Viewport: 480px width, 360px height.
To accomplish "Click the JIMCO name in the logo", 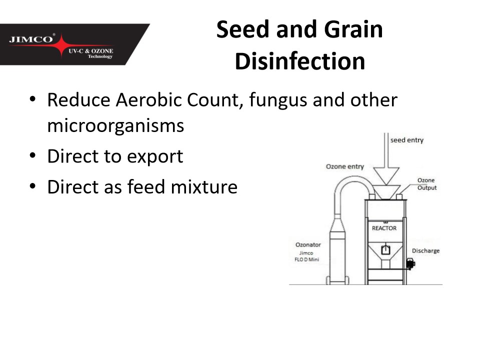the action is [31, 39].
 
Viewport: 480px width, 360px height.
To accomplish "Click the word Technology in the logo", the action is [100, 56].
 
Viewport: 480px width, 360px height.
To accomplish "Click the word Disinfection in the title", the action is [300, 61].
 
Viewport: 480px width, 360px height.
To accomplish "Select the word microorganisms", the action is [115, 125].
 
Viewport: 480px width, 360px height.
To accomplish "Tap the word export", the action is [155, 156].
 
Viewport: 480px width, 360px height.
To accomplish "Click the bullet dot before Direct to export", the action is [33, 155].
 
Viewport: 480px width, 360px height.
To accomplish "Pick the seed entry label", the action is [407, 140].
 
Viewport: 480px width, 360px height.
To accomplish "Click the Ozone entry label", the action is [344, 166].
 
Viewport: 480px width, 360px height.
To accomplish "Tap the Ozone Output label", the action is [426, 184].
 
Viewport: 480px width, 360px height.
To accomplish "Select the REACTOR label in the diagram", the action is [384, 228].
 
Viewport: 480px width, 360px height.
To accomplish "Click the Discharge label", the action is [425, 250].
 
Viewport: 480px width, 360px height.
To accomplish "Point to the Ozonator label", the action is [308, 244].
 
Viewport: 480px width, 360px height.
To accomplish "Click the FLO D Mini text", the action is [306, 259].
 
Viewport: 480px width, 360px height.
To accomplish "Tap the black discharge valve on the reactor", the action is [410, 263].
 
